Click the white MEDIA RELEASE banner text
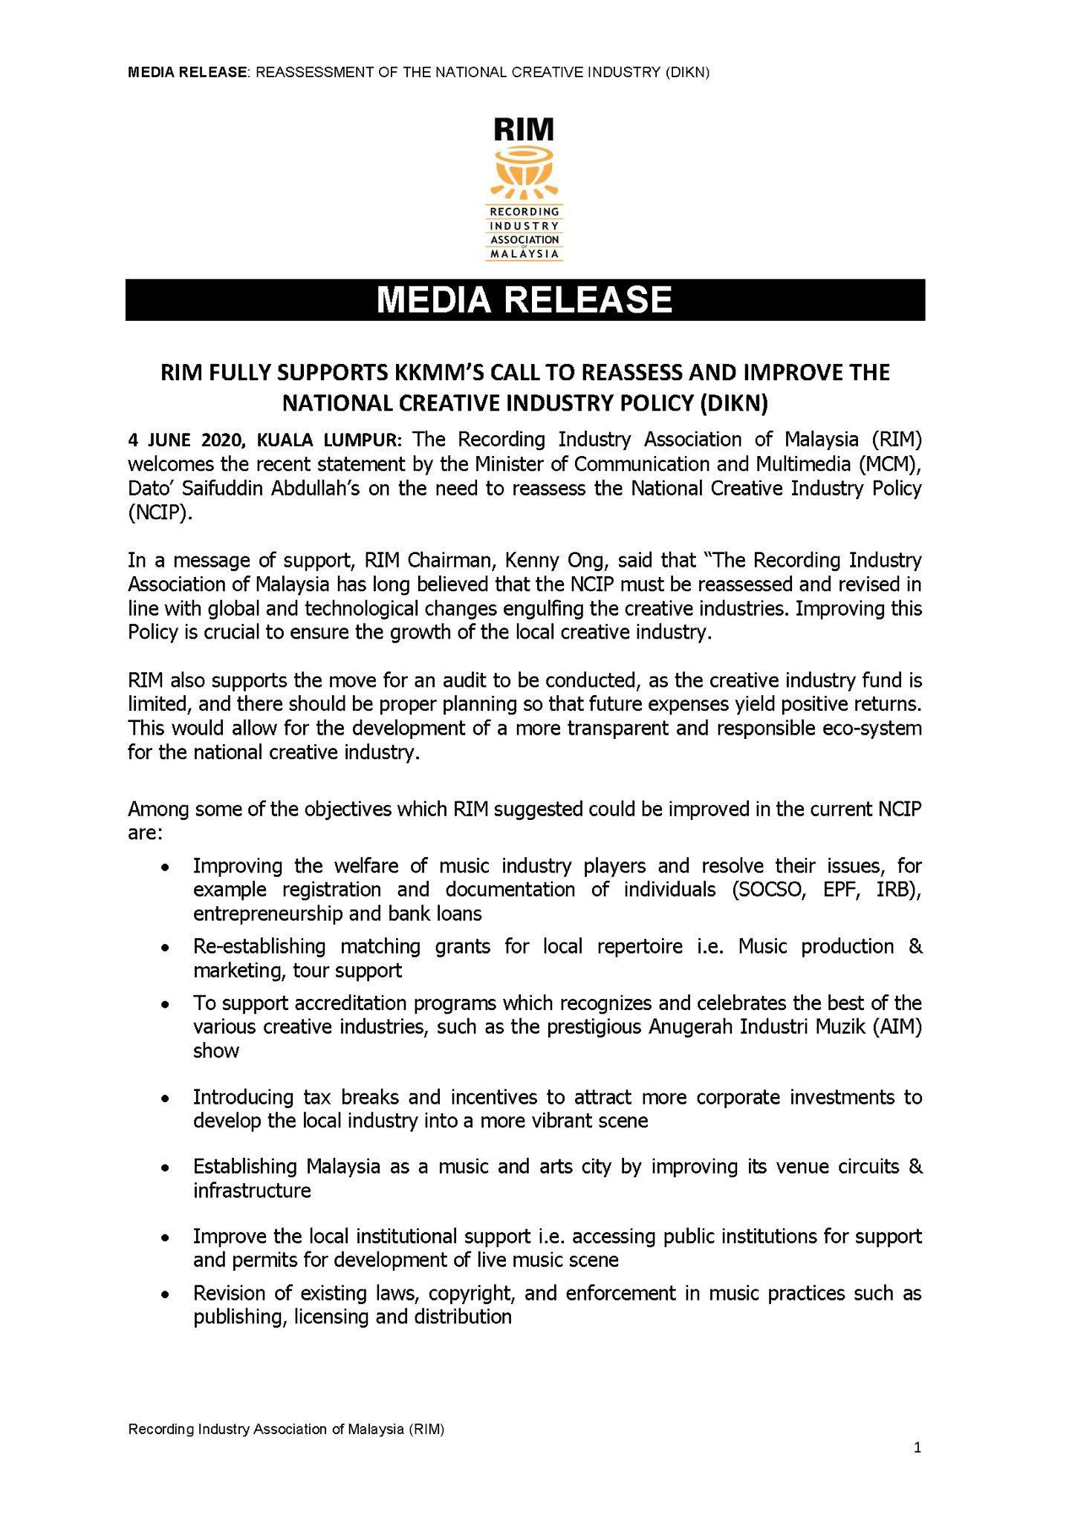(524, 300)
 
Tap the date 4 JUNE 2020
(188, 440)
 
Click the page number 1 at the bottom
(918, 1447)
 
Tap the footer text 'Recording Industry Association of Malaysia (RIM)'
(286, 1429)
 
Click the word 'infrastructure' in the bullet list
(252, 1191)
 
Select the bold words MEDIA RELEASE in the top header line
(187, 72)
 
